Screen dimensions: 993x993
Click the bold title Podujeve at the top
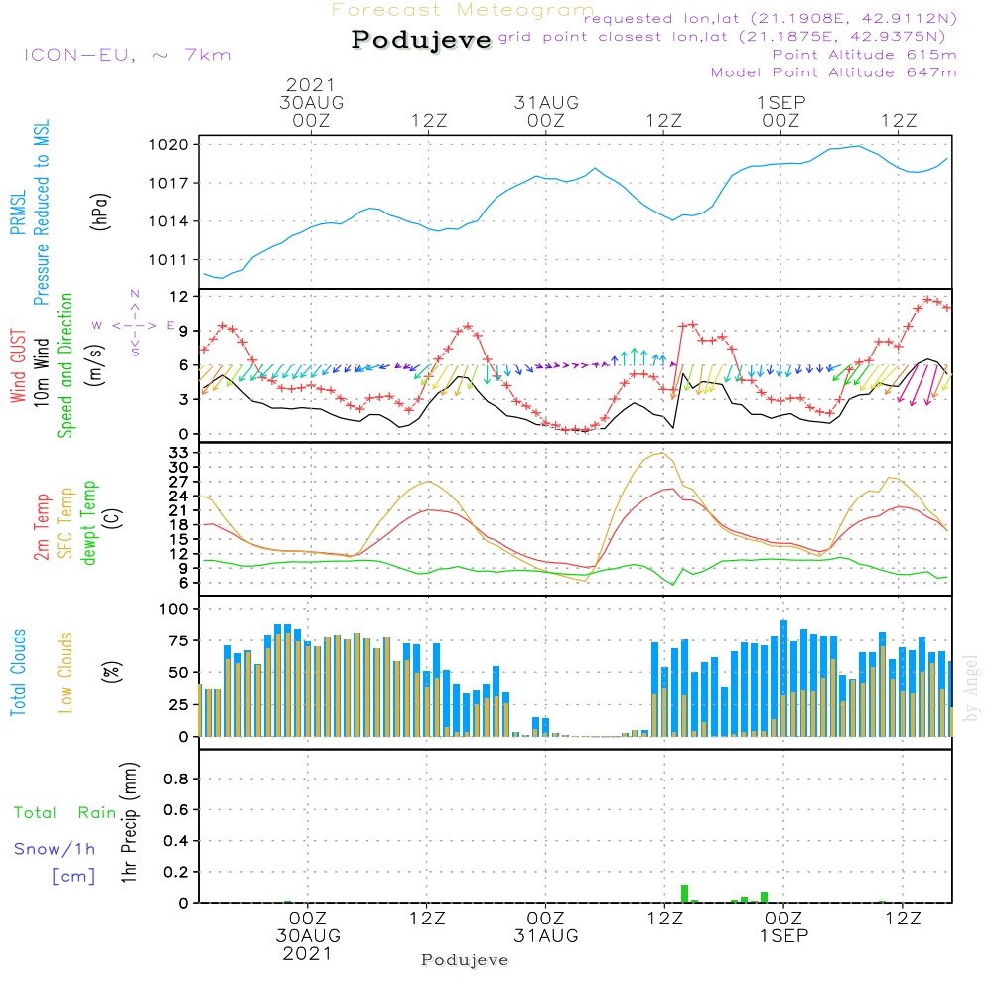(422, 40)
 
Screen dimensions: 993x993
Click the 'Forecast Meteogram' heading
(463, 11)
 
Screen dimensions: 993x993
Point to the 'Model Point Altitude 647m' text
(834, 72)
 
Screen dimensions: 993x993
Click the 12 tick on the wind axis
(179, 297)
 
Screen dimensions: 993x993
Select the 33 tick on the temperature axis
(179, 452)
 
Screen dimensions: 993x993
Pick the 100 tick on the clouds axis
(175, 609)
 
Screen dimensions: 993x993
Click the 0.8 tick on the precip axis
(175, 780)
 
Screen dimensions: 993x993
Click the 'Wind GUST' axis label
(18, 366)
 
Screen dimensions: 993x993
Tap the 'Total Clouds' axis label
(18, 672)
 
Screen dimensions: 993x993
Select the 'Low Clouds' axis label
(66, 672)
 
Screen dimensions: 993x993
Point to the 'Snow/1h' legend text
(55, 850)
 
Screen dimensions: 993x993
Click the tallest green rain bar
(684, 893)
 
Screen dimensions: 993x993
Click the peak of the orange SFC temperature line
(660, 453)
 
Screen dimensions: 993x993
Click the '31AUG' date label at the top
(546, 103)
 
